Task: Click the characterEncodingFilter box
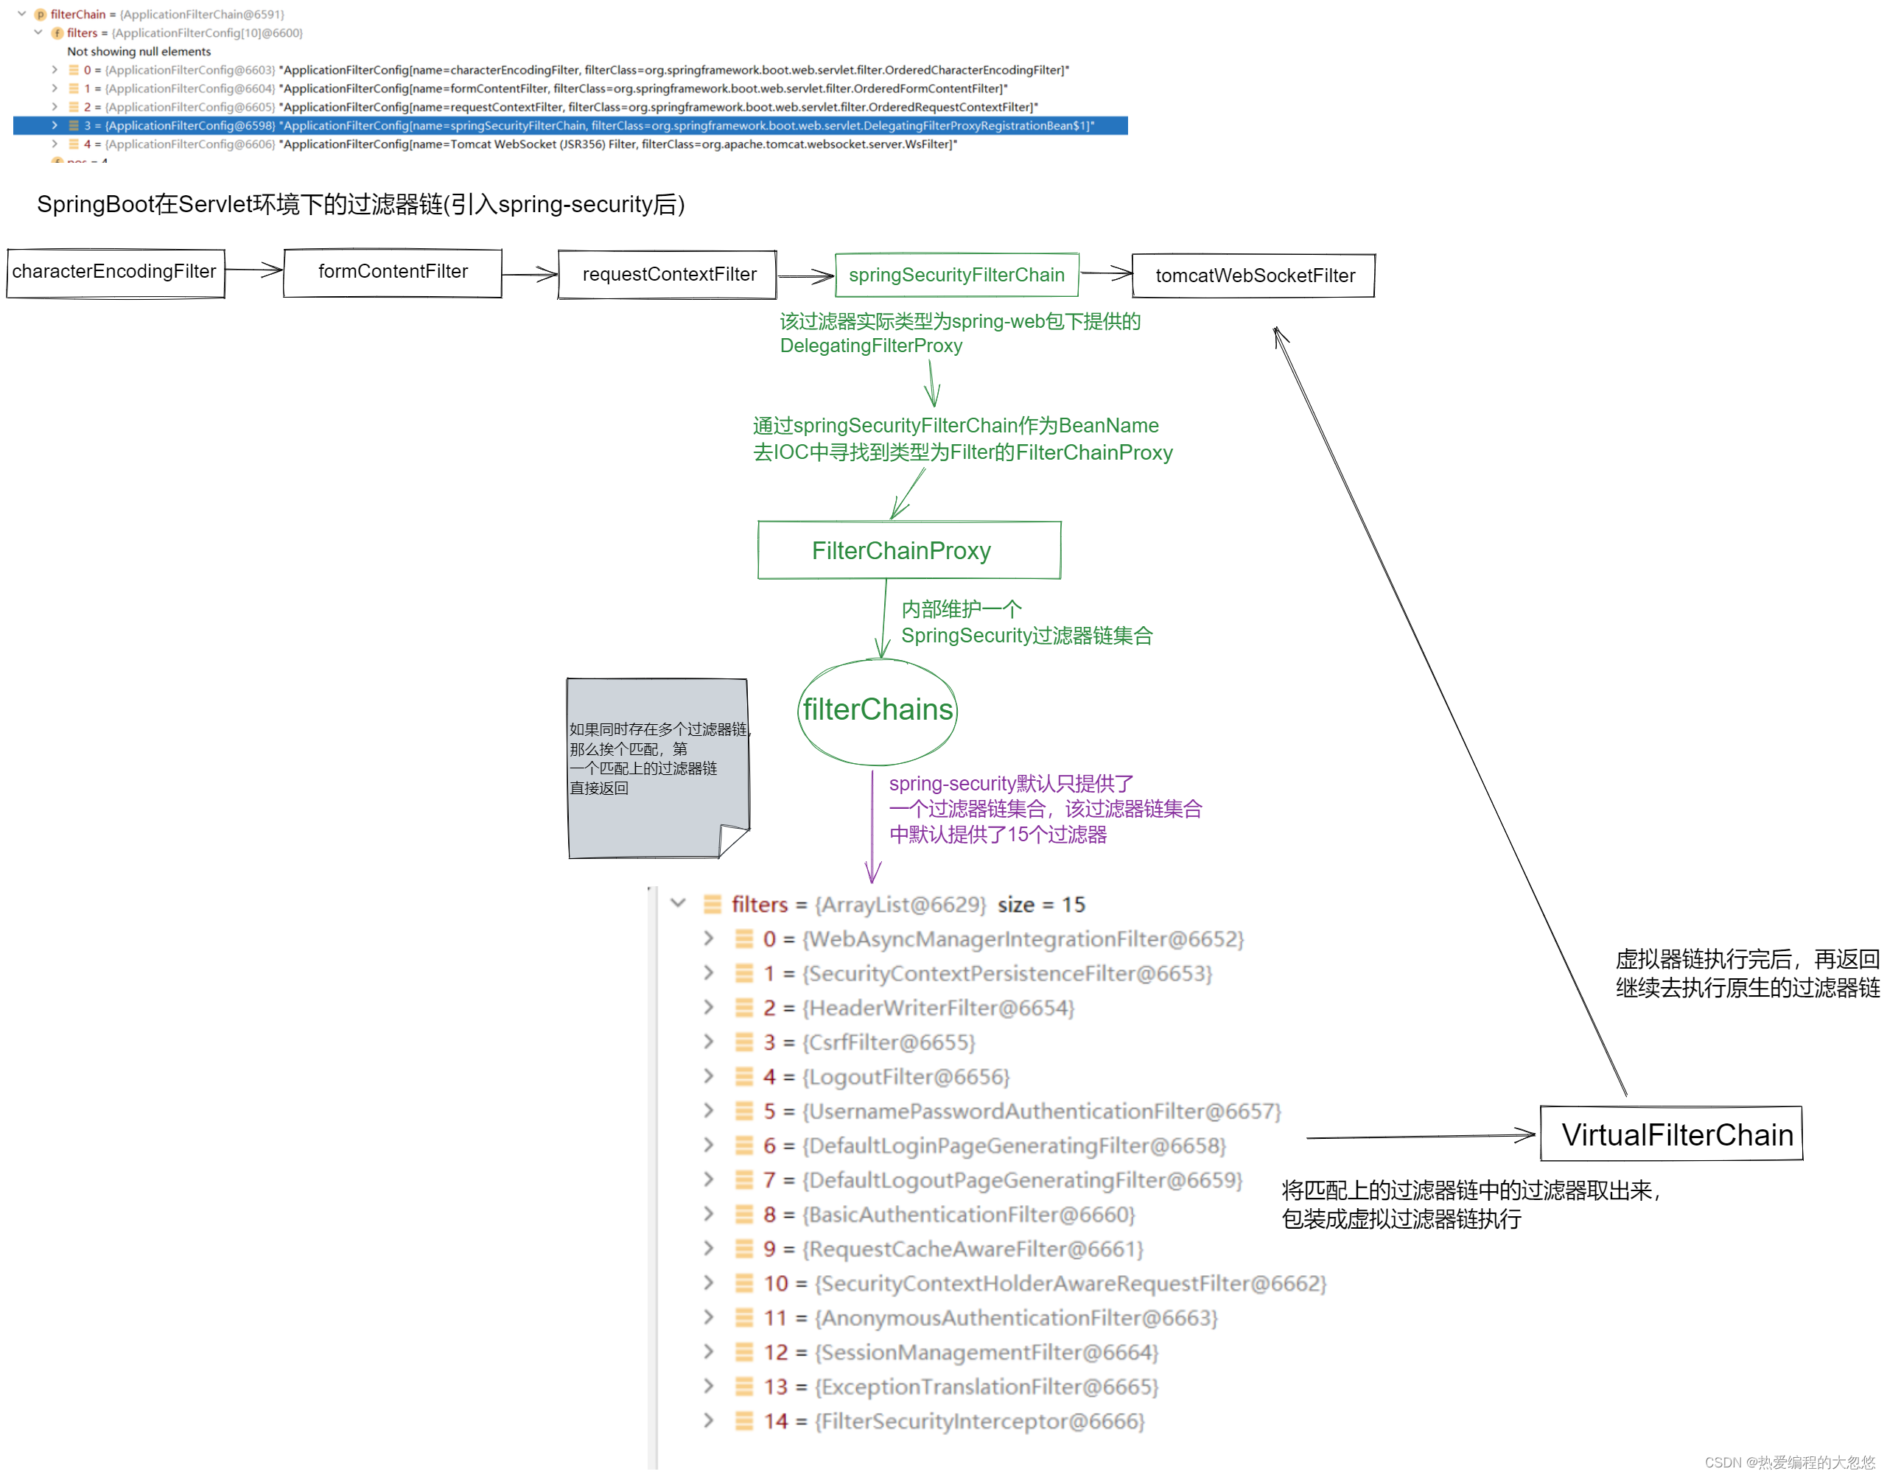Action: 115,273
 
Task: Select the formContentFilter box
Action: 393,273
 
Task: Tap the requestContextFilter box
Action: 668,275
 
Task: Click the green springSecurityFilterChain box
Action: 956,275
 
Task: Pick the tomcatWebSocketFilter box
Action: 1253,276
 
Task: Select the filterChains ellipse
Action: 877,710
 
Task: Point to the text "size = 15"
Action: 1040,905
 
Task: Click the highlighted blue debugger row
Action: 571,126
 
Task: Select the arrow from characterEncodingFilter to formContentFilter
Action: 254,270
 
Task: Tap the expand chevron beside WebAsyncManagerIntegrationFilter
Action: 708,939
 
